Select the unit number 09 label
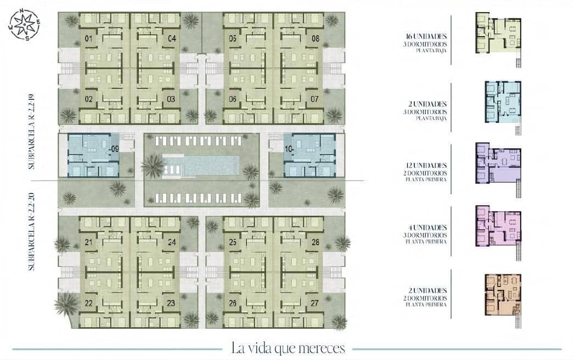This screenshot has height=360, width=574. (115, 148)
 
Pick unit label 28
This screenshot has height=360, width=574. (316, 242)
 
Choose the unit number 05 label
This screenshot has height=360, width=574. (233, 38)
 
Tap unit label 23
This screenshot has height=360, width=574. (171, 302)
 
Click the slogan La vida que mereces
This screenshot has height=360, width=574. (288, 348)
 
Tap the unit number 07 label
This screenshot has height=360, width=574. (315, 99)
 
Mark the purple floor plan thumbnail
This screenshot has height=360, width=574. (498, 167)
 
